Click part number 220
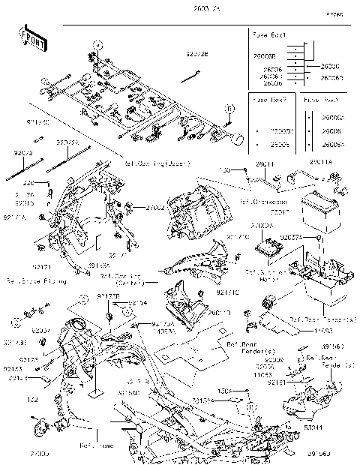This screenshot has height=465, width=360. click(27, 183)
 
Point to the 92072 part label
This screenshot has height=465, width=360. click(24, 152)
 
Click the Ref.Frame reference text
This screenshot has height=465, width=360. click(96, 444)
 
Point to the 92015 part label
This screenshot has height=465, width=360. click(25, 202)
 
